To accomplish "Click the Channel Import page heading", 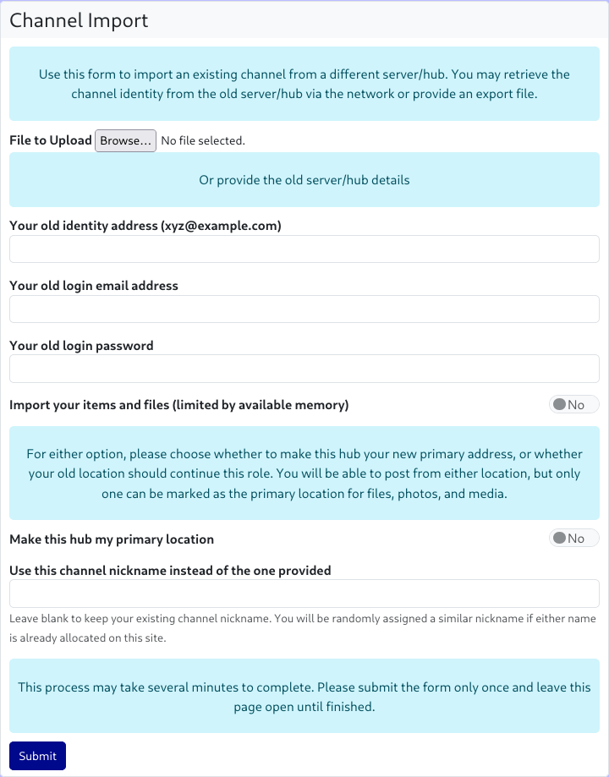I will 79,20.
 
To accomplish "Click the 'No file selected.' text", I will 203,140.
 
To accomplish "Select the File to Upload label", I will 51,140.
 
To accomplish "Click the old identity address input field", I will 304,249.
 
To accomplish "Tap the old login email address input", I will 304,309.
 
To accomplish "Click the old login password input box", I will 304,369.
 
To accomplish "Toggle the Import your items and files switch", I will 573,405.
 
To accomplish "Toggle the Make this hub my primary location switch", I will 573,539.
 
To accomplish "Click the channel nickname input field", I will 304,593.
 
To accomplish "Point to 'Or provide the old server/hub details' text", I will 304,180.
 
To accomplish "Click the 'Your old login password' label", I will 81,345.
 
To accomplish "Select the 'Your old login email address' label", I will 94,286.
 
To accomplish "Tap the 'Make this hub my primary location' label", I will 112,539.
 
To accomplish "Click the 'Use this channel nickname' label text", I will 170,571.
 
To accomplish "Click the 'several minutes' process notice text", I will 304,697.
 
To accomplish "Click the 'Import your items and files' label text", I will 178,405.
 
